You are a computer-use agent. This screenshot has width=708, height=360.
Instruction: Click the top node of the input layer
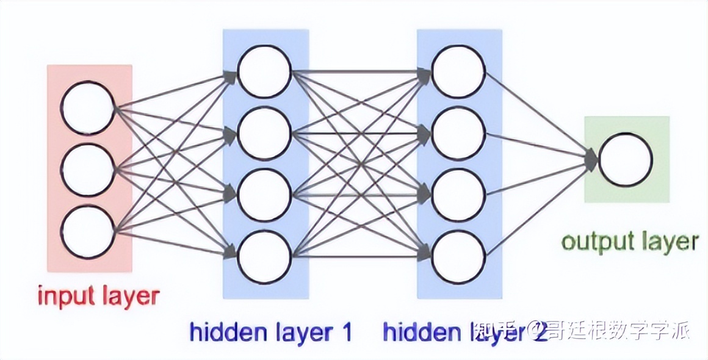click(x=88, y=108)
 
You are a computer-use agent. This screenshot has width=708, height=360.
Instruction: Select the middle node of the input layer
click(x=88, y=170)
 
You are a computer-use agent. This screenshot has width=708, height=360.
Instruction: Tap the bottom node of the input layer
click(x=88, y=232)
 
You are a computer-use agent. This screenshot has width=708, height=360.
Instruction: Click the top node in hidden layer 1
click(x=264, y=71)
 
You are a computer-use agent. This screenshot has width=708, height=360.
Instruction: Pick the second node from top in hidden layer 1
click(x=264, y=134)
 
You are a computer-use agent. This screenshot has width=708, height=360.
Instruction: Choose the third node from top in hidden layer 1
click(x=264, y=195)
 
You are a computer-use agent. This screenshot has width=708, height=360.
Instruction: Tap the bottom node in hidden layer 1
click(x=264, y=257)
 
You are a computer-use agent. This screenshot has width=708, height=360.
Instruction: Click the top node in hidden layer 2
click(x=458, y=71)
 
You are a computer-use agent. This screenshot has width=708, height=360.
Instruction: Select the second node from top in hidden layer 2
click(x=458, y=134)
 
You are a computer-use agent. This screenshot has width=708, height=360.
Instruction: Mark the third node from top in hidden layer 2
click(x=458, y=195)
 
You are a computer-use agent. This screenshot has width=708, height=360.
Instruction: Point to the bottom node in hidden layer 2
click(x=458, y=257)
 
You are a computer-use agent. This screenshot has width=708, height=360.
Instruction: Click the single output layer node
click(x=626, y=160)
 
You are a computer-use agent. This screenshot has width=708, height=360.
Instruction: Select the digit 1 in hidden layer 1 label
click(x=345, y=333)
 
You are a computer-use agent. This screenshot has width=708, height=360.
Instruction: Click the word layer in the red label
click(x=129, y=298)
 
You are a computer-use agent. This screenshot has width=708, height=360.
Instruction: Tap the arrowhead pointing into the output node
click(x=591, y=160)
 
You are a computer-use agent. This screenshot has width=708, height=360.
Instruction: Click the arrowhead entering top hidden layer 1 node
click(x=231, y=76)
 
